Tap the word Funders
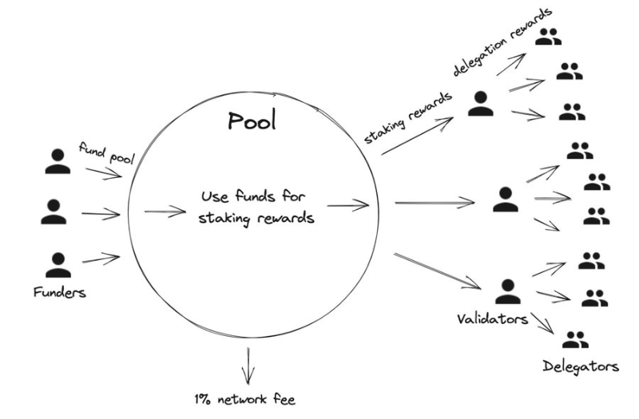pyautogui.click(x=60, y=292)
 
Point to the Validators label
pyautogui.click(x=492, y=318)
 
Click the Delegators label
pyautogui.click(x=581, y=367)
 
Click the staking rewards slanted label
pyautogui.click(x=408, y=118)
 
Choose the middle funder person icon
pyautogui.click(x=54, y=211)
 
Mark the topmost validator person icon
pyautogui.click(x=480, y=102)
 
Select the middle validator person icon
pyautogui.click(x=505, y=199)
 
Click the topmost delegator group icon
pyautogui.click(x=549, y=37)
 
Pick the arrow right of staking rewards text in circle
pyautogui.click(x=347, y=206)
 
